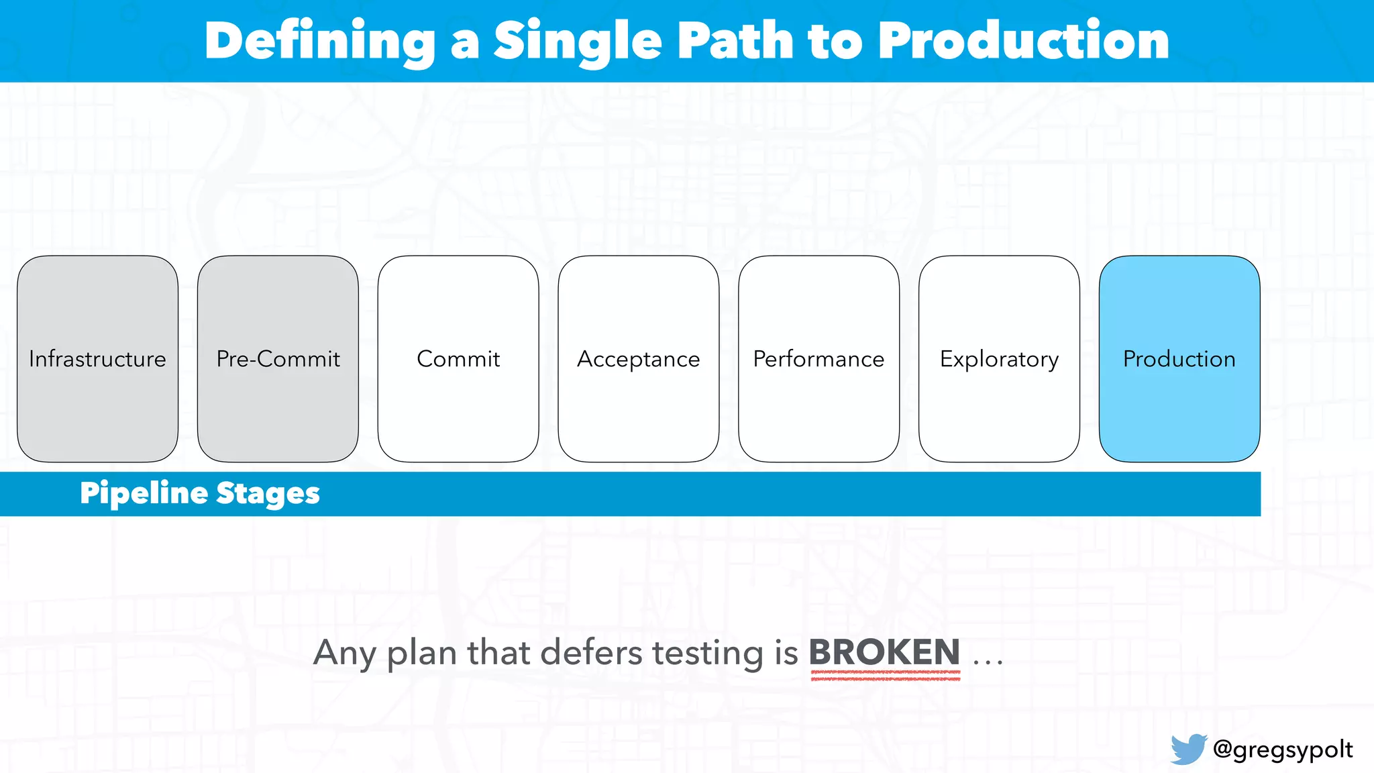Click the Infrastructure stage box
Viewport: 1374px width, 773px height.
click(97, 359)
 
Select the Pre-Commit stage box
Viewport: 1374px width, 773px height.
click(278, 359)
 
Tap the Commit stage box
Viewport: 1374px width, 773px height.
click(458, 359)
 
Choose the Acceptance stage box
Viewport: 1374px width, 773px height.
click(638, 359)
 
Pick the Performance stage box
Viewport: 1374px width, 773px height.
click(818, 359)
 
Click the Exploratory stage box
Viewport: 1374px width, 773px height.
click(999, 359)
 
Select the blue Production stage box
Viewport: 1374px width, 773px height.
click(1179, 359)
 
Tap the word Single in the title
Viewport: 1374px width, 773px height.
click(578, 42)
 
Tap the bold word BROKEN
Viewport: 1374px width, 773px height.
click(884, 652)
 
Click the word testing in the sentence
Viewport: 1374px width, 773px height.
click(708, 653)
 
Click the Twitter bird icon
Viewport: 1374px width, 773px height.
click(1188, 749)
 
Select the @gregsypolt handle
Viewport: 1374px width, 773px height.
click(1283, 750)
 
